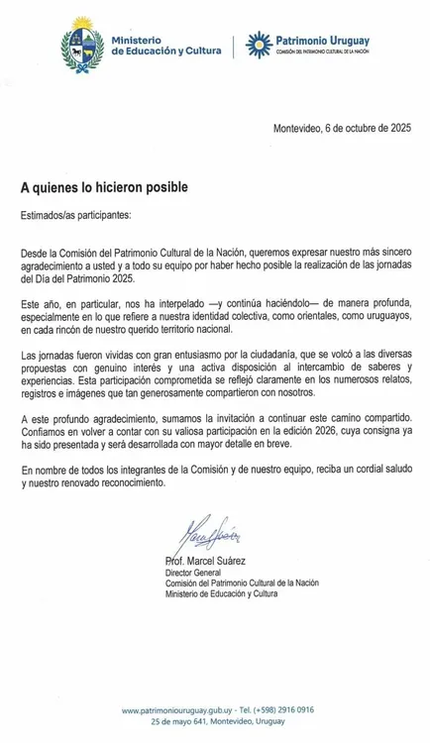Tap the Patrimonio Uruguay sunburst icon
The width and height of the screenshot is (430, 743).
[257, 43]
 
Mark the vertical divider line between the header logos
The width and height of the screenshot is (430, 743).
[234, 44]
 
